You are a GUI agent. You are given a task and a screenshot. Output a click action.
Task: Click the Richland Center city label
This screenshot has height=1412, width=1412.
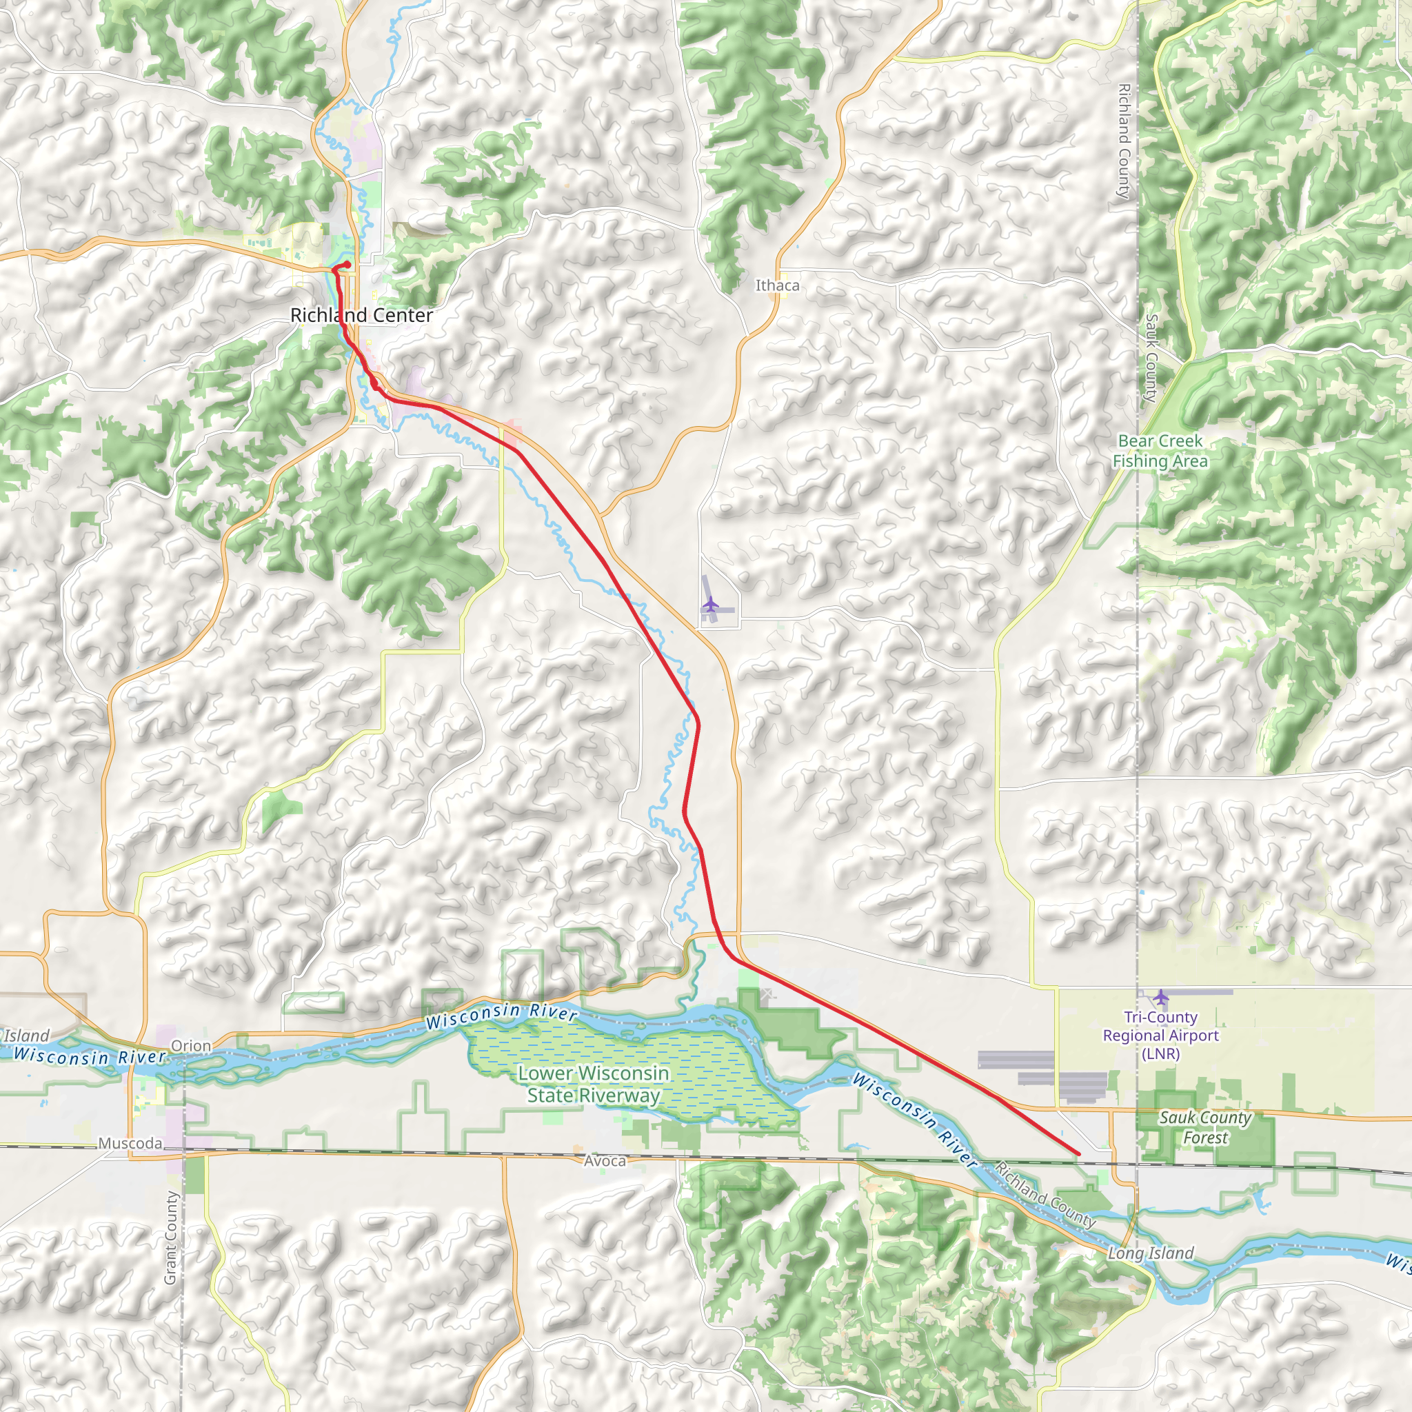(x=361, y=315)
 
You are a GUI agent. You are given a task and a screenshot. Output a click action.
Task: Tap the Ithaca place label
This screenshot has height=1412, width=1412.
(x=777, y=285)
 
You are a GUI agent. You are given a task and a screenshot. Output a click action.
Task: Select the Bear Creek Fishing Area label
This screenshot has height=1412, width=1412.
(x=1160, y=451)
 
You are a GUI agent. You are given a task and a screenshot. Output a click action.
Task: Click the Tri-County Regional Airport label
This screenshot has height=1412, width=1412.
(x=1160, y=1036)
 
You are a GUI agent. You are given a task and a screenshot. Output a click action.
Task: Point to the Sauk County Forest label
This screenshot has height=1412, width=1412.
(x=1205, y=1128)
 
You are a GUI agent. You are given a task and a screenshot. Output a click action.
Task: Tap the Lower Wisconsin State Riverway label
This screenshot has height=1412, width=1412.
(x=594, y=1084)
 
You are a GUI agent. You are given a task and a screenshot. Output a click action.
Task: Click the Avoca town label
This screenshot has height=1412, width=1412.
(x=605, y=1160)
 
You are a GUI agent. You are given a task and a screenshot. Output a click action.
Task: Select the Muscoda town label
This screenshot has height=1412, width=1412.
(x=130, y=1143)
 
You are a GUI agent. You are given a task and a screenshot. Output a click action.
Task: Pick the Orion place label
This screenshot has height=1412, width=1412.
(x=191, y=1046)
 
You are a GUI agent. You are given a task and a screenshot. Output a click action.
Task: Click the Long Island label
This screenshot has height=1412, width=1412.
(x=1151, y=1253)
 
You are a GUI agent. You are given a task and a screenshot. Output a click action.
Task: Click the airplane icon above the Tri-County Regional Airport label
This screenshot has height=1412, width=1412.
(x=1160, y=997)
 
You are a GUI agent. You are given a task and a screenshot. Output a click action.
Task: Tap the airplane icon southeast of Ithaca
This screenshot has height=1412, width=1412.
(x=710, y=605)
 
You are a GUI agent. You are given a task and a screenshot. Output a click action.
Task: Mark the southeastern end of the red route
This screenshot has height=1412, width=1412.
(x=1079, y=1154)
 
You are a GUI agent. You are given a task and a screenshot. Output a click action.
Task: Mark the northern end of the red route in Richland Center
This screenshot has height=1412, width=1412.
(x=348, y=264)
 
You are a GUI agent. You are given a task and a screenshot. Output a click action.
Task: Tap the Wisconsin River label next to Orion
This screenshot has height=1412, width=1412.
(x=89, y=1056)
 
